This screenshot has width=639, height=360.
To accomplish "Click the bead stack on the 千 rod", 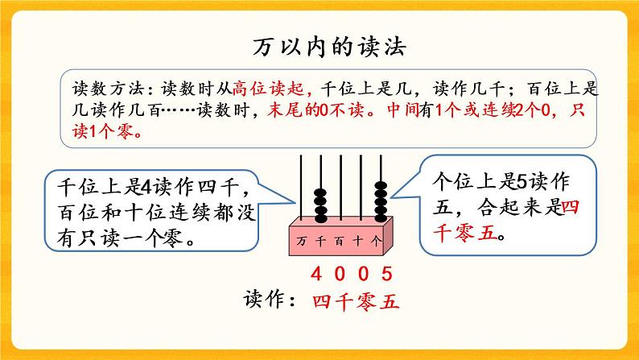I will pyautogui.click(x=319, y=206).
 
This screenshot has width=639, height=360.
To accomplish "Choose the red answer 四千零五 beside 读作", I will pyautogui.click(x=355, y=301).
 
